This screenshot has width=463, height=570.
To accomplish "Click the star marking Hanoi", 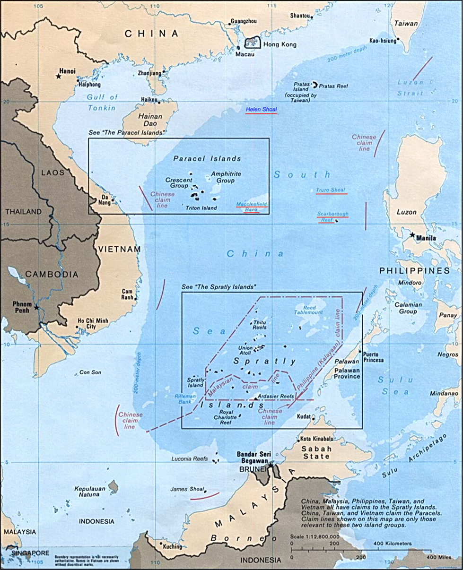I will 59,76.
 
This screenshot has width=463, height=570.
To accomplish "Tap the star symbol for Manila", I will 413,235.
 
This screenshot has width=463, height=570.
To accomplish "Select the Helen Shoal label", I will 261,110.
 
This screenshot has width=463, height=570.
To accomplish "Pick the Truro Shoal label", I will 332,190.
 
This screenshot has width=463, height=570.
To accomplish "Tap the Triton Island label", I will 201,208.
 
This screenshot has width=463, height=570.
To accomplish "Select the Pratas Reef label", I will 333,86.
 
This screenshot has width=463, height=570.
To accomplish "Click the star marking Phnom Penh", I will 36,308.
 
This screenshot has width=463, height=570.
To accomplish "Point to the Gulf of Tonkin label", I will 102,102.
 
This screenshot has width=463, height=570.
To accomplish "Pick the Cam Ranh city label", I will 127,294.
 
